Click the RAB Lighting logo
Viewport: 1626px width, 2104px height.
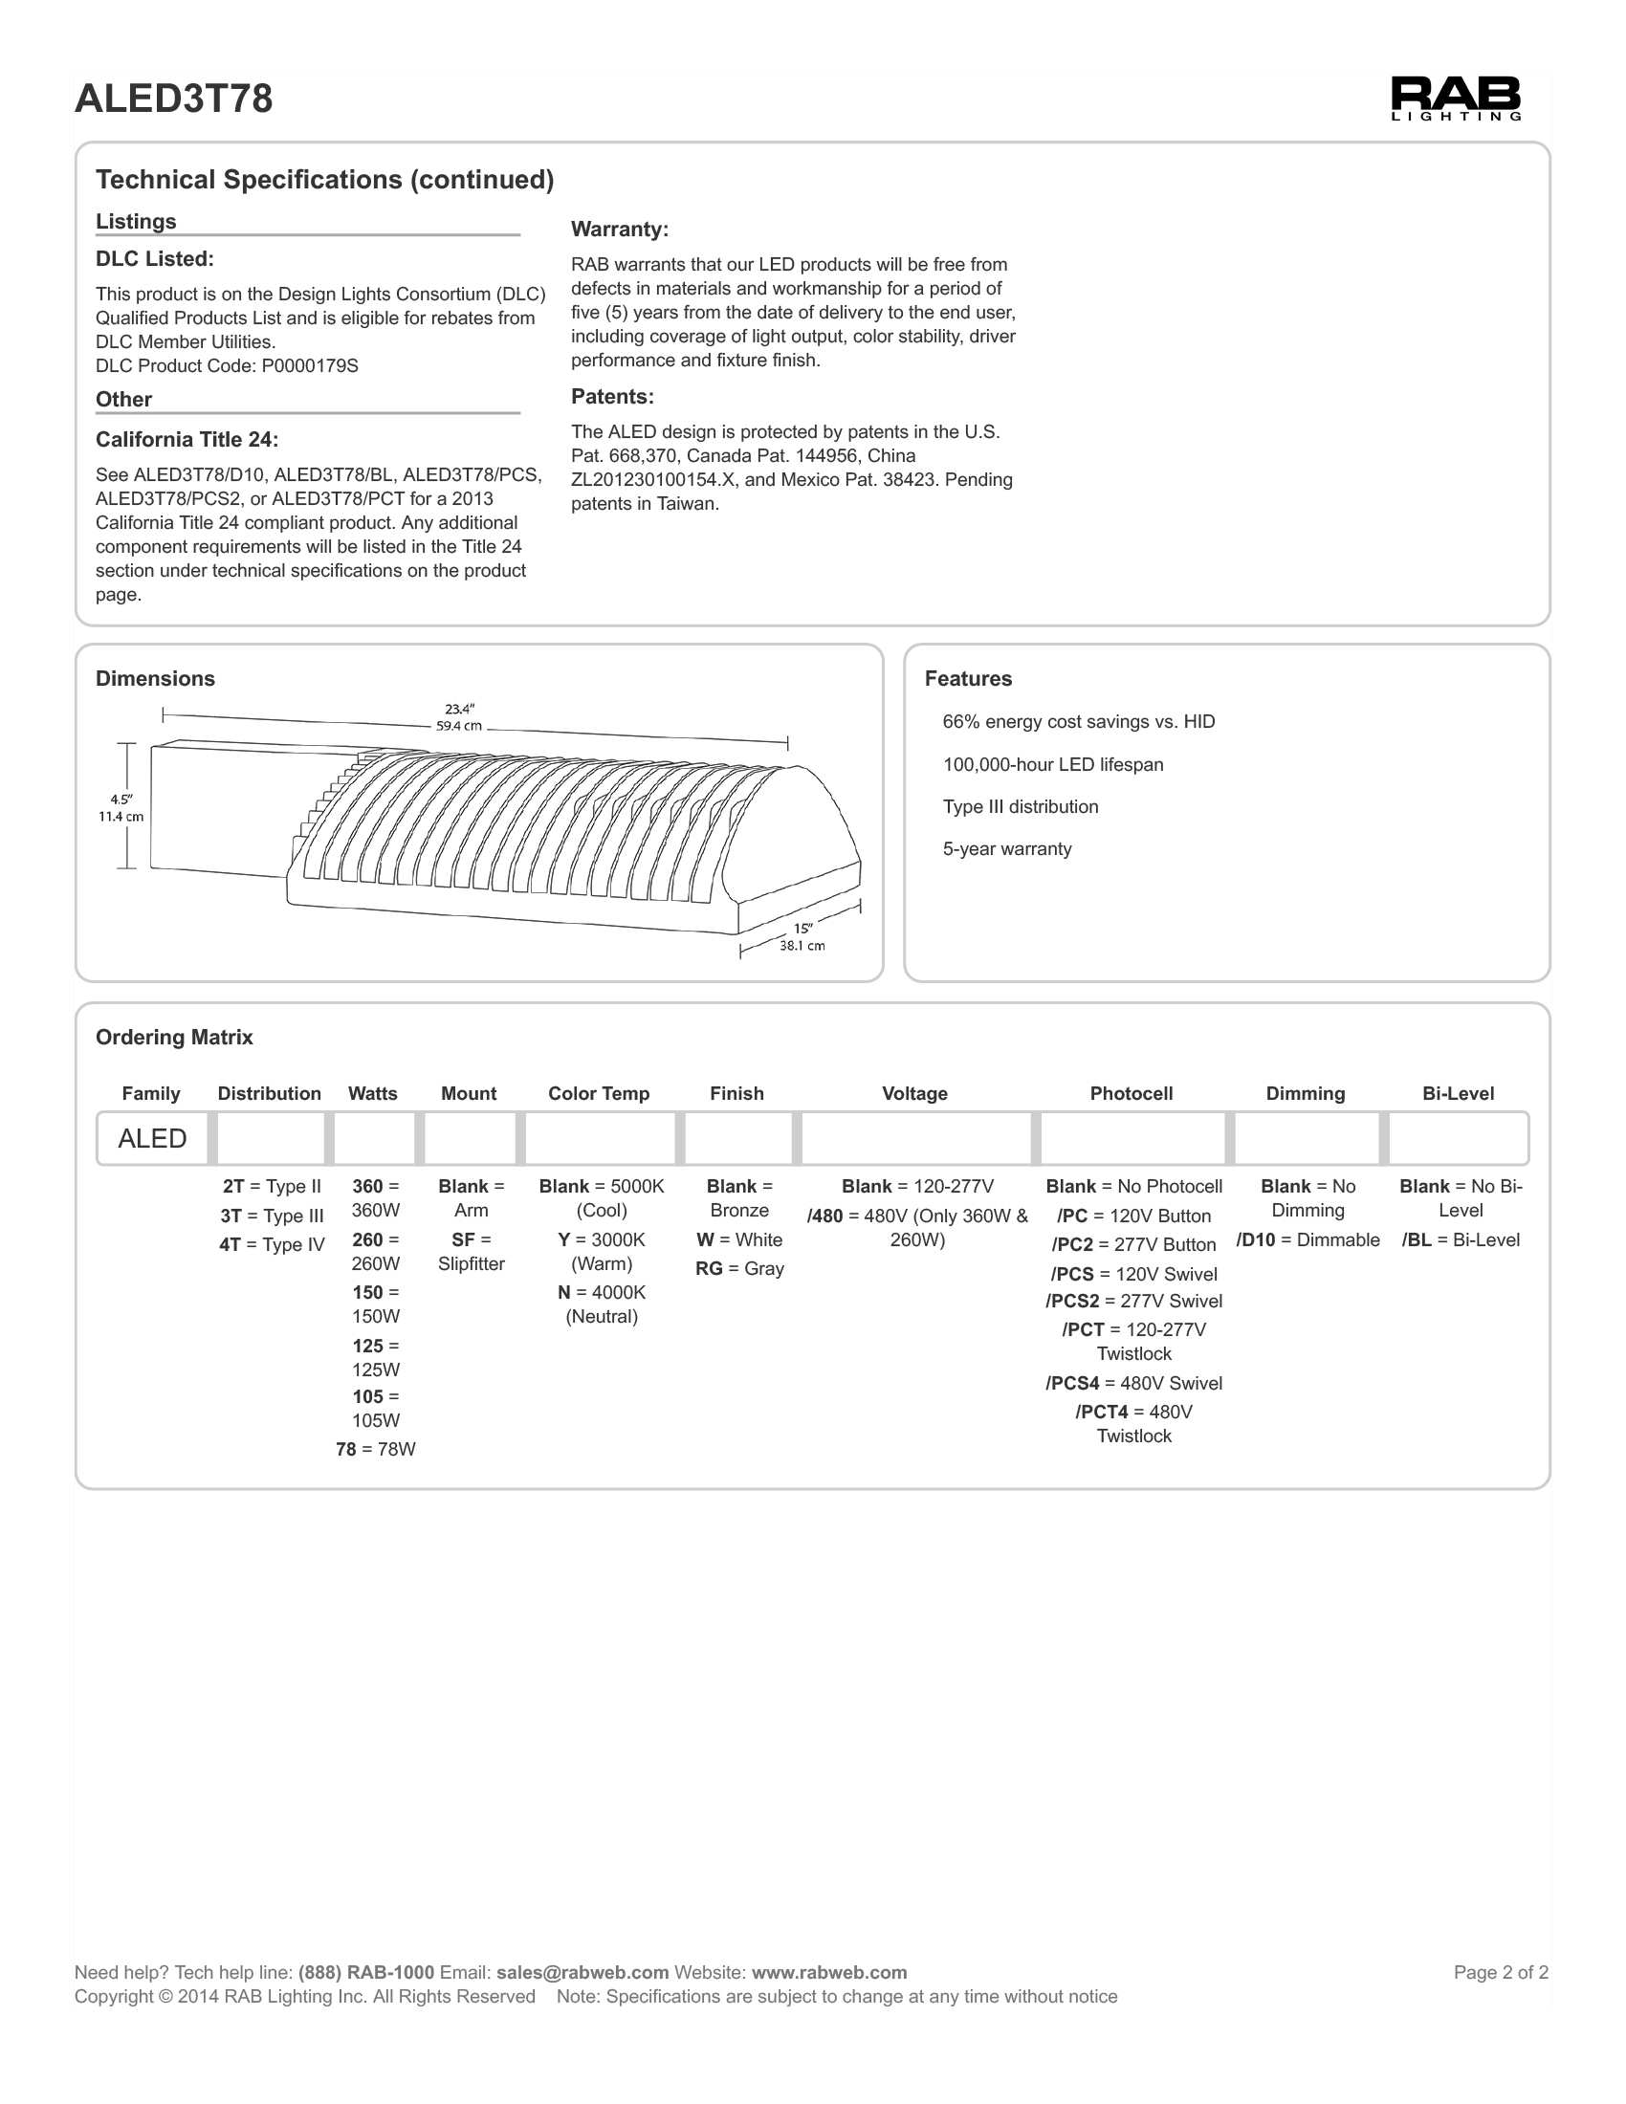(x=1455, y=99)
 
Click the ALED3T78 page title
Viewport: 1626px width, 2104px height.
(x=173, y=99)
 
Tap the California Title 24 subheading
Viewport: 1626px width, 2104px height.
(x=187, y=440)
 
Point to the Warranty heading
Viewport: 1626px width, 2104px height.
(x=620, y=230)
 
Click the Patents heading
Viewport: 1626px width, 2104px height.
(x=612, y=397)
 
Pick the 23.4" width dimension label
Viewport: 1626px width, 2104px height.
(x=459, y=717)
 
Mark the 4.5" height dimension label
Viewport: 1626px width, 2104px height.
(x=121, y=808)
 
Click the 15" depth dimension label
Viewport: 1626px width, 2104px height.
(x=802, y=937)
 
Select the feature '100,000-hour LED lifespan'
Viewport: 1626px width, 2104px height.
(x=1053, y=765)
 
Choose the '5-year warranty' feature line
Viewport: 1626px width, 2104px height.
(x=1006, y=849)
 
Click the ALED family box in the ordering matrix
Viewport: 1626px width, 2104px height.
(x=152, y=1139)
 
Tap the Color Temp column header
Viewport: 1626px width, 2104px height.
(x=598, y=1094)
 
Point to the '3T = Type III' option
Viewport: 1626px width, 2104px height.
(x=272, y=1216)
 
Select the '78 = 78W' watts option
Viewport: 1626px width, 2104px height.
(x=376, y=1450)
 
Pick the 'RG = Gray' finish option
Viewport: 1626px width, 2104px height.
(x=739, y=1270)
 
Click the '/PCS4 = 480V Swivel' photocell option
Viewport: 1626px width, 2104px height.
(x=1133, y=1385)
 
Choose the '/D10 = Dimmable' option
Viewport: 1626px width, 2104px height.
(x=1307, y=1240)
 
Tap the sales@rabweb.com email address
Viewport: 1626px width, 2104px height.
(x=582, y=1973)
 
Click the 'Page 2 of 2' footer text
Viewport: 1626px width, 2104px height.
(x=1500, y=1973)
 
